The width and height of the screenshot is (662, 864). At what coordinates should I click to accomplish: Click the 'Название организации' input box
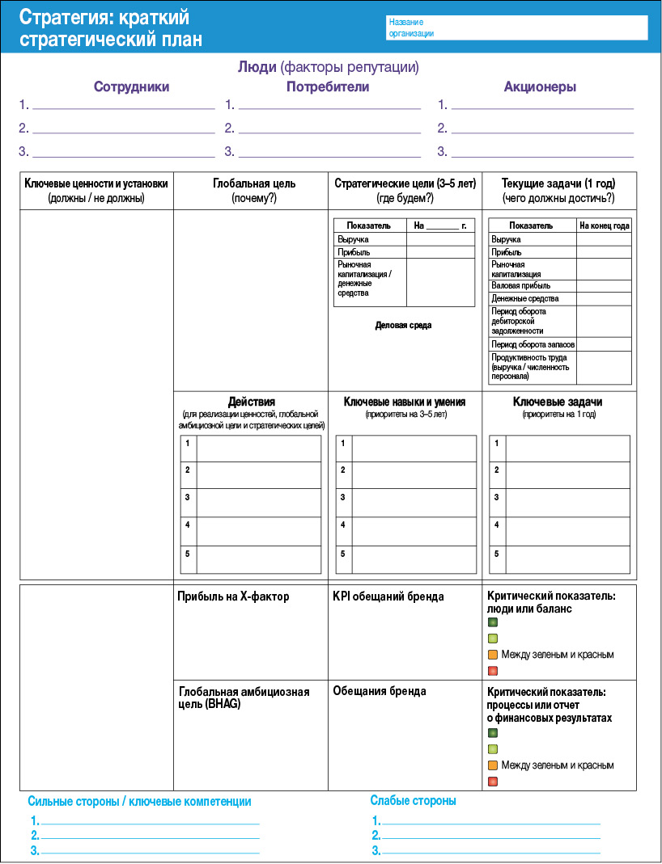[x=516, y=27]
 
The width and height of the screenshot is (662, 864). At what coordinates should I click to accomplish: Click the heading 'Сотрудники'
[x=131, y=87]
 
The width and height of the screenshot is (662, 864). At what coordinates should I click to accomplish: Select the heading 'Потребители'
[x=328, y=87]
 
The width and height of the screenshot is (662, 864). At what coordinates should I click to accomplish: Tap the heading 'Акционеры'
[x=540, y=87]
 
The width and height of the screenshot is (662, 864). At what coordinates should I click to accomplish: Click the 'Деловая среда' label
[x=403, y=326]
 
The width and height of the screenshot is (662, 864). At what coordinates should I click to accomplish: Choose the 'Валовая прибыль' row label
[x=520, y=285]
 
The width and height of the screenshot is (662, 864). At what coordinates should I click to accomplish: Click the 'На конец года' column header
[x=604, y=226]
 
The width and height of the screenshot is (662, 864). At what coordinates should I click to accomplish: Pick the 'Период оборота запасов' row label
[x=533, y=344]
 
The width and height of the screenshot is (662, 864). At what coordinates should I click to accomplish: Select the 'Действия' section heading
[x=251, y=402]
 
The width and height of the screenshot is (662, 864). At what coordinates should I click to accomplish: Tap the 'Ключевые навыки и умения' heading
[x=405, y=402]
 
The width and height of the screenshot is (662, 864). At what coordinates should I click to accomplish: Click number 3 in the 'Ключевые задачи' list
[x=497, y=497]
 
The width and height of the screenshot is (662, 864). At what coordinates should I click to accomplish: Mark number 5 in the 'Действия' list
[x=188, y=554]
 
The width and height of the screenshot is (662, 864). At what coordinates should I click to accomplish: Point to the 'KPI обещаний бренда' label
[x=388, y=596]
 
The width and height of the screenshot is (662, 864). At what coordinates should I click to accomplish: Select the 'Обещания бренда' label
[x=380, y=691]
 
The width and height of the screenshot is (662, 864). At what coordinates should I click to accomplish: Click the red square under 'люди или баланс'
[x=492, y=671]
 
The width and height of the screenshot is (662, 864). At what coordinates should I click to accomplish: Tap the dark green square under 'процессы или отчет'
[x=492, y=733]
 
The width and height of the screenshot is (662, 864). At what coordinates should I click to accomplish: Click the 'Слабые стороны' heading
[x=413, y=801]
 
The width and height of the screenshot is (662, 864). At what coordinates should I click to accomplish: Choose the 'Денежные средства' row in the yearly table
[x=524, y=299]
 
